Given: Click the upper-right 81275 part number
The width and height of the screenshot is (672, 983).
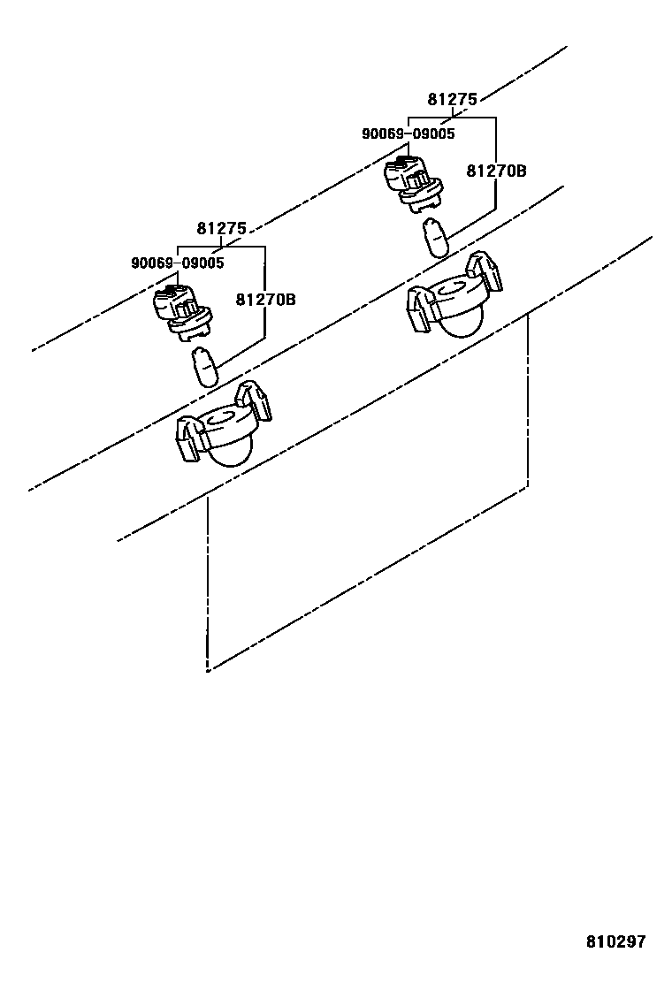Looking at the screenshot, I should [x=452, y=100].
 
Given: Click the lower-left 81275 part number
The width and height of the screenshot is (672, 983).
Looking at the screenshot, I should [x=221, y=229].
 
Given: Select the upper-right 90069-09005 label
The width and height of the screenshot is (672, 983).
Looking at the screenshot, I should [x=408, y=134].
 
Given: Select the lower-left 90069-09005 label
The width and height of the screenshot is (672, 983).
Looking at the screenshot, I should [x=177, y=263].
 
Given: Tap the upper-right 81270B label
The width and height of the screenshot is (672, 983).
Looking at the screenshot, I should [x=496, y=171].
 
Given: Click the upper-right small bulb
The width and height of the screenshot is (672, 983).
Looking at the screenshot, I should [x=435, y=236].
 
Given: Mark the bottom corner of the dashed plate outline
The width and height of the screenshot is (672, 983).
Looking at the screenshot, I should [x=208, y=670].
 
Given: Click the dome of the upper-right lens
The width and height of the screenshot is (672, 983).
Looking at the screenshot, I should [x=461, y=322].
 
